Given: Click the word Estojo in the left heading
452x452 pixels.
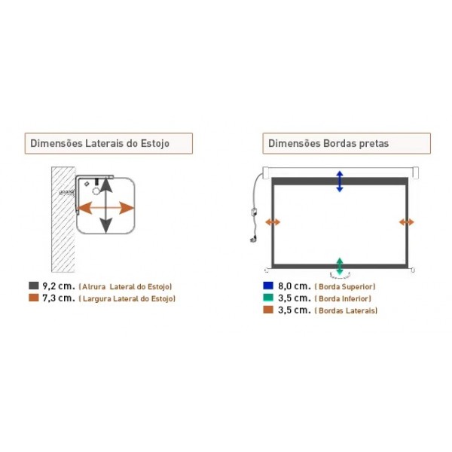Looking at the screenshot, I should click(156, 143).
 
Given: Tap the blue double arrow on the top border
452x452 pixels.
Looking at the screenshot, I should click(340, 181).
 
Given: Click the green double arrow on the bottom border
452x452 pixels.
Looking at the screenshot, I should click(340, 265).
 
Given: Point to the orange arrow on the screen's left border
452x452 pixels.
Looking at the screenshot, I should click(273, 221).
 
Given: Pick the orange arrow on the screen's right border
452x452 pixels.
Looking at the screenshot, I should click(407, 221).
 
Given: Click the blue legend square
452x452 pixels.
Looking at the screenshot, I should click(268, 286).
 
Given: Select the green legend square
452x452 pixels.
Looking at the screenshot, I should click(268, 298).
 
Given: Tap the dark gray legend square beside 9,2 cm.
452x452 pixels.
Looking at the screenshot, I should click(33, 286).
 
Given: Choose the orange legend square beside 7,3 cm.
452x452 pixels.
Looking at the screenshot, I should click(33, 298).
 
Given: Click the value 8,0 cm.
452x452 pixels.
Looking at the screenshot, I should click(293, 286).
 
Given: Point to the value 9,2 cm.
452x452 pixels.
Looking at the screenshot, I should click(58, 286).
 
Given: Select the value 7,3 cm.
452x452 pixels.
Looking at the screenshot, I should click(58, 298).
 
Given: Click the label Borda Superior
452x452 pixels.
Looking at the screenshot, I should click(346, 287).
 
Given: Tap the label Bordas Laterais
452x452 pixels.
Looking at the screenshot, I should click(347, 310).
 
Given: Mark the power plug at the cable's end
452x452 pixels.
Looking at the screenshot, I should click(252, 240).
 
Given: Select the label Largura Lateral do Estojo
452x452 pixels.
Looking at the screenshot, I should click(127, 299).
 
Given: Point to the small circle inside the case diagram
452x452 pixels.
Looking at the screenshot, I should click(96, 192).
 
